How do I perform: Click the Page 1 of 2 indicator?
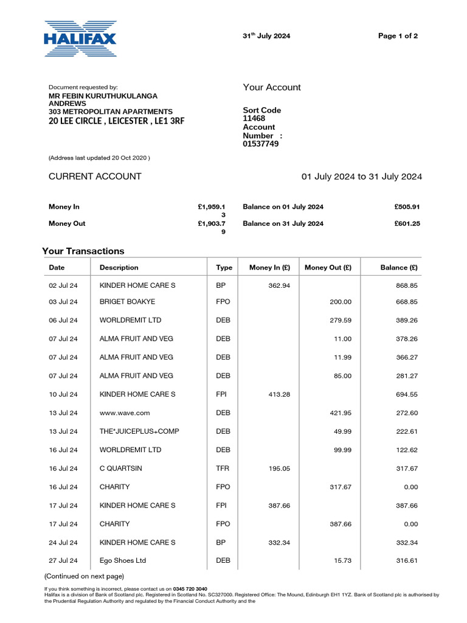[398, 36]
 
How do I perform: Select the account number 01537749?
[261, 144]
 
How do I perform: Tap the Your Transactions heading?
[83, 251]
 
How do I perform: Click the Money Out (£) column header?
[328, 267]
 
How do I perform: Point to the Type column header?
[224, 267]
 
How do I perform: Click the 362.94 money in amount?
[279, 285]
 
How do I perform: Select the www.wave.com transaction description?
[125, 413]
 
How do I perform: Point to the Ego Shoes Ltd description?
[123, 560]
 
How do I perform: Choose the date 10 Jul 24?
[63, 394]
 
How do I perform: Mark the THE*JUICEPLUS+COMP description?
[139, 431]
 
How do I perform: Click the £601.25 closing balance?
[407, 223]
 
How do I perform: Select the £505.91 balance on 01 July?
[407, 207]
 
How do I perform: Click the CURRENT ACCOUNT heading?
[95, 176]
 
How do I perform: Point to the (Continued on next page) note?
[84, 576]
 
